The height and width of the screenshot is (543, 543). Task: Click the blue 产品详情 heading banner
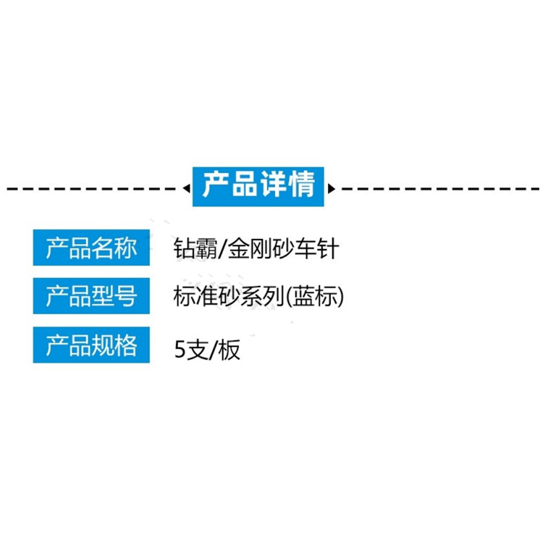258,187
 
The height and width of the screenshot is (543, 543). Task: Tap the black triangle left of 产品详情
187,188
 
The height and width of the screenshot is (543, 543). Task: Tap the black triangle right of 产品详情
332,188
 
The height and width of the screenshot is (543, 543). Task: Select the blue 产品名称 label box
91,248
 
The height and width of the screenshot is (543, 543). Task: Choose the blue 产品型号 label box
91,296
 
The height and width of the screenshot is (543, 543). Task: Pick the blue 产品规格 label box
91,345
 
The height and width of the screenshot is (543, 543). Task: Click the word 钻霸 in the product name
195,248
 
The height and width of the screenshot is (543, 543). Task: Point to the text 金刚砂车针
283,248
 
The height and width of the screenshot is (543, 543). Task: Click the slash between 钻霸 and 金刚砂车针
223,248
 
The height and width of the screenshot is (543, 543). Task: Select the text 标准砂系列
229,296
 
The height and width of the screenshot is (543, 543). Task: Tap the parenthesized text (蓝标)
315,296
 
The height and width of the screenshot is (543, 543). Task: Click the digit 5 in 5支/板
180,349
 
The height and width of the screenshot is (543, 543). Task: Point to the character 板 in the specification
229,350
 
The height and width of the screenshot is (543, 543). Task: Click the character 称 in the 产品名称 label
126,248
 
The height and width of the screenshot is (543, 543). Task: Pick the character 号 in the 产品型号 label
126,296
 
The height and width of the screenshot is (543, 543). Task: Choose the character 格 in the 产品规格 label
126,345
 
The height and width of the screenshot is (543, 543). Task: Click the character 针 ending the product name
327,248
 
